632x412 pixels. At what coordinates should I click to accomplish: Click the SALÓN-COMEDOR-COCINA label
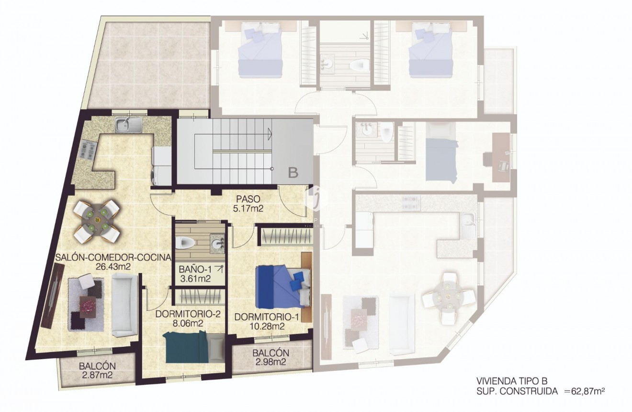pyautogui.click(x=113, y=258)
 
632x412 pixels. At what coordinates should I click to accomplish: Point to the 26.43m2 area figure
pyautogui.click(x=113, y=267)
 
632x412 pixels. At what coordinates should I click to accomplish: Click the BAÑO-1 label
pyautogui.click(x=194, y=269)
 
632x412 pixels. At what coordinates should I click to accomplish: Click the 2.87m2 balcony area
pyautogui.click(x=97, y=375)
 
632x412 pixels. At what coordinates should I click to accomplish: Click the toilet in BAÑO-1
pyautogui.click(x=185, y=243)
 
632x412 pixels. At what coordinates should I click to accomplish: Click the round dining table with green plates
pyautogui.click(x=97, y=221)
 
